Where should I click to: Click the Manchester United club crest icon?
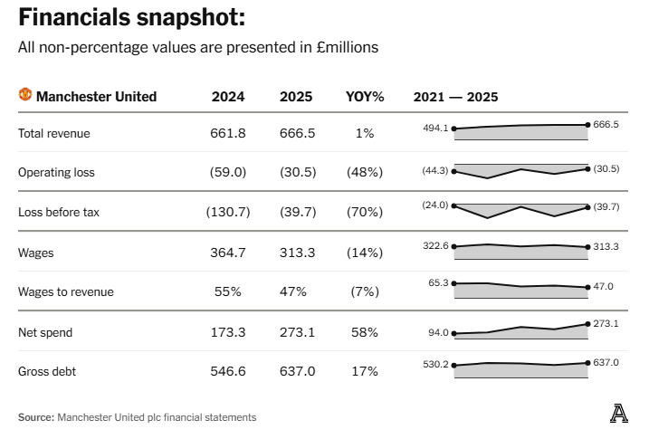coord(25,96)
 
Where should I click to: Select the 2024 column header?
coord(227,97)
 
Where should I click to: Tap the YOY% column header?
coord(365,97)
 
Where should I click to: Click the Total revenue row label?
coord(54,133)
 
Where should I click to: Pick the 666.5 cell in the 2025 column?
coord(298,133)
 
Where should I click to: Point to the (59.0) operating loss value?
coord(227,172)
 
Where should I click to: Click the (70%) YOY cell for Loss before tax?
coord(365,212)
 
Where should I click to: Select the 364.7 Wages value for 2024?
coord(227,253)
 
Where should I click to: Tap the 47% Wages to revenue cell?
coord(294,291)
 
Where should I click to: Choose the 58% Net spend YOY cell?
coord(365,332)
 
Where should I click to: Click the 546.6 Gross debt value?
coord(227,371)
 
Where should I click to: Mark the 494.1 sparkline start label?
coord(435,129)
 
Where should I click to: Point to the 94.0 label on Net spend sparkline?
coord(438,333)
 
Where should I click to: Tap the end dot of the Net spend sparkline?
coord(588,324)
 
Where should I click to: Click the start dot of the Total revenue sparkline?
coord(454,129)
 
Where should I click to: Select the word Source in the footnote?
coord(35,417)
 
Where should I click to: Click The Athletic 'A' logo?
coord(619,414)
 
